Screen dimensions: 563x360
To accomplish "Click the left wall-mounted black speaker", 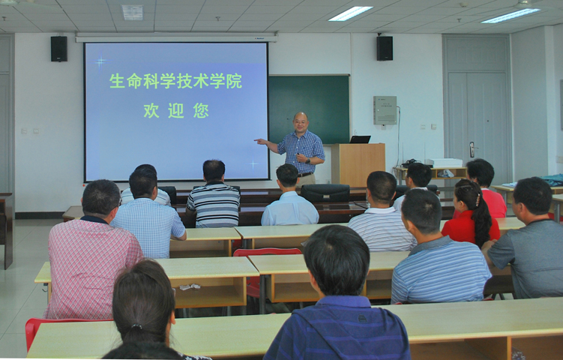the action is (x=59, y=49).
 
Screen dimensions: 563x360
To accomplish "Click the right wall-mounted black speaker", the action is (x=385, y=48).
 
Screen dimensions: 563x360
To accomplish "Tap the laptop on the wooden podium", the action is (x=360, y=139).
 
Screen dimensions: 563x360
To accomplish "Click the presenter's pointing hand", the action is (x=259, y=141).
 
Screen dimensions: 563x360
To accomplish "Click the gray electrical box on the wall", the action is (x=385, y=110).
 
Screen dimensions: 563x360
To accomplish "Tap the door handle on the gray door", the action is (x=472, y=149).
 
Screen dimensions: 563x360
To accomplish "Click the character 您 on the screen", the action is (x=201, y=110).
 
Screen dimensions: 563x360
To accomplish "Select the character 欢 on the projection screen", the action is (x=151, y=110).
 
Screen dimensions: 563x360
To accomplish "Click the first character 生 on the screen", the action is (x=117, y=81).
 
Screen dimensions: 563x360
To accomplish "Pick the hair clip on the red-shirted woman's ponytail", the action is (x=478, y=199).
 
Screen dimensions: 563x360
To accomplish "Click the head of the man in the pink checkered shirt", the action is (x=101, y=199).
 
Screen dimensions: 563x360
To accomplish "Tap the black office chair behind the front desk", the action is (x=325, y=193).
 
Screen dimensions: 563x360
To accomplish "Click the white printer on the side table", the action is (x=444, y=163).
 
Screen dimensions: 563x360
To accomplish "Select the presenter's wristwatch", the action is (x=307, y=161).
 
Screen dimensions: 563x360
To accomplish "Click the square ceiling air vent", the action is (x=133, y=13).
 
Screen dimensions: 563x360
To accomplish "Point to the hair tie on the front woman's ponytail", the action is (x=136, y=326).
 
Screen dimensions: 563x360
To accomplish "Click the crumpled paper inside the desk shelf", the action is (x=190, y=287).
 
